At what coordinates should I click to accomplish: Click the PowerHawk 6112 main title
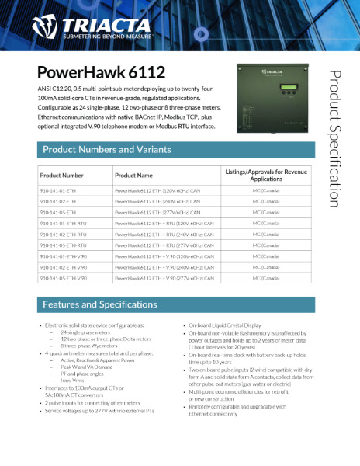[x=101, y=72]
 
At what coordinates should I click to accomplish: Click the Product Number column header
[x=62, y=176]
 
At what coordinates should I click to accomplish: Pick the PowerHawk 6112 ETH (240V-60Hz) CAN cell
[x=157, y=200]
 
